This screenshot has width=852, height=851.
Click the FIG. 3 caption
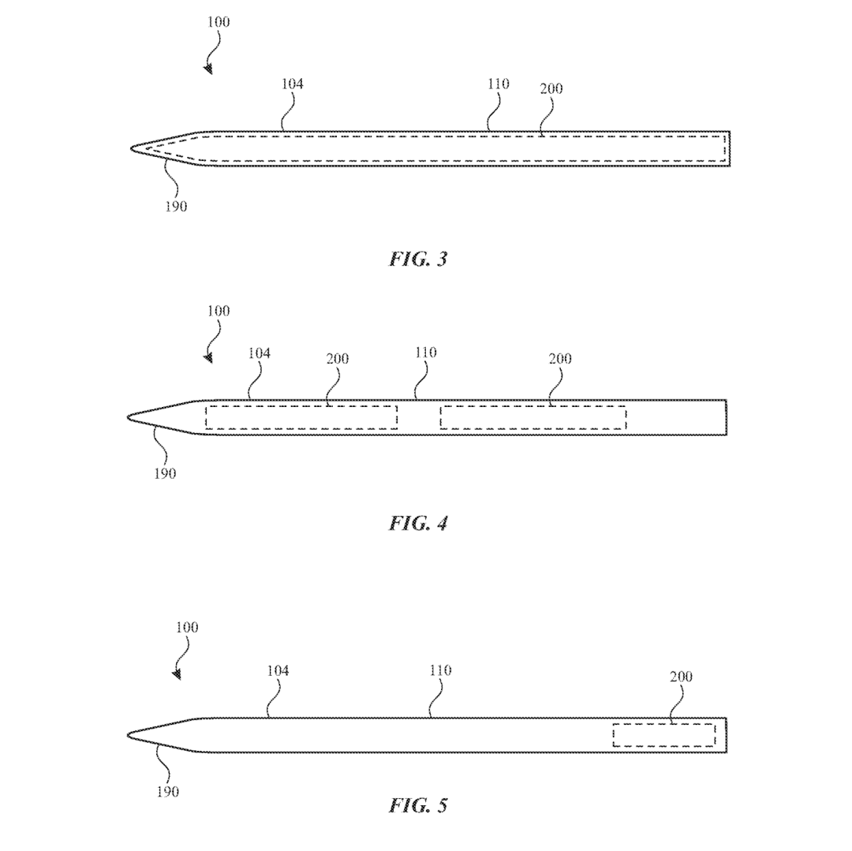418,259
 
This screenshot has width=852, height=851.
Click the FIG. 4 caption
418,523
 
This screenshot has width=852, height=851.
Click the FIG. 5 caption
418,805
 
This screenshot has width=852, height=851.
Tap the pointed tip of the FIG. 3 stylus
133,147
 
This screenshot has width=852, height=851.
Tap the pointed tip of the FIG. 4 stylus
129,416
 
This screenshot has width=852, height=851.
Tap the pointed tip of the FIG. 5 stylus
129,735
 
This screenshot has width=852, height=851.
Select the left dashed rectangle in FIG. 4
301,417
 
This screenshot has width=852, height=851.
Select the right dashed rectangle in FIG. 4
533,417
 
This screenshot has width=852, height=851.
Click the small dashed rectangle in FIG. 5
664,735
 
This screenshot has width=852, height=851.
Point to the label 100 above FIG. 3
219,22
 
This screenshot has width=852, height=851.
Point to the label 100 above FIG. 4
219,311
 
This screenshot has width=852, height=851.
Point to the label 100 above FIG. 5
187,628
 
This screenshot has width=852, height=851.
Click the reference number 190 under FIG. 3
177,207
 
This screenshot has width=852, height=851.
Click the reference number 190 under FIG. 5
167,792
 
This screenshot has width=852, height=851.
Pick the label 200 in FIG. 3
551,89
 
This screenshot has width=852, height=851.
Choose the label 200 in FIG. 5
681,677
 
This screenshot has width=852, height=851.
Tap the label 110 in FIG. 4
425,353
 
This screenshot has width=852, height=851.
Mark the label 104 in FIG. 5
277,670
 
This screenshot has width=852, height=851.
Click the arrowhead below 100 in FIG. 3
208,69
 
